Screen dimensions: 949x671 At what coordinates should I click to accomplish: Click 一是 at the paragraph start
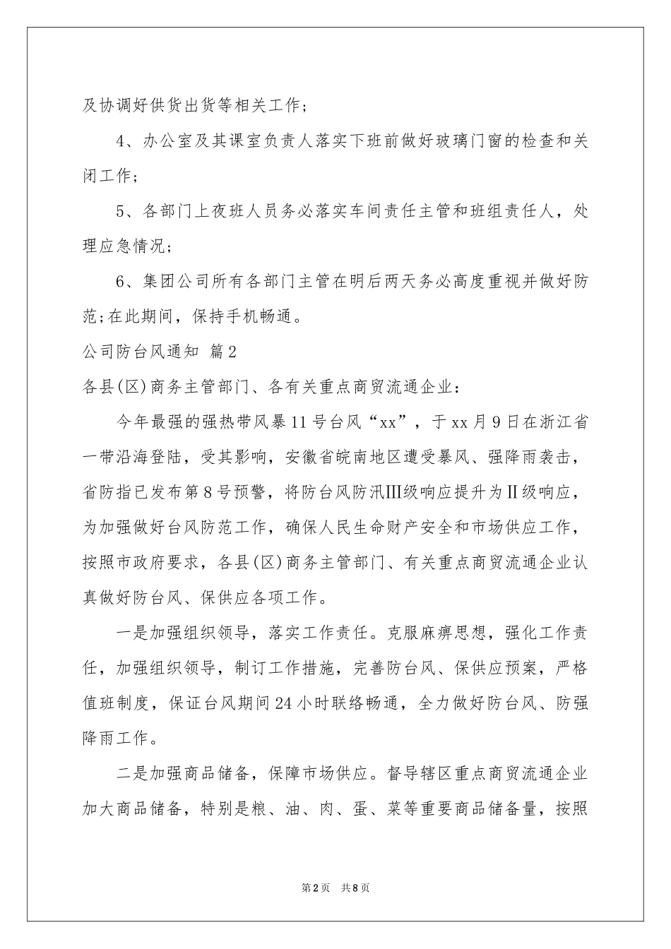click(x=131, y=633)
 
